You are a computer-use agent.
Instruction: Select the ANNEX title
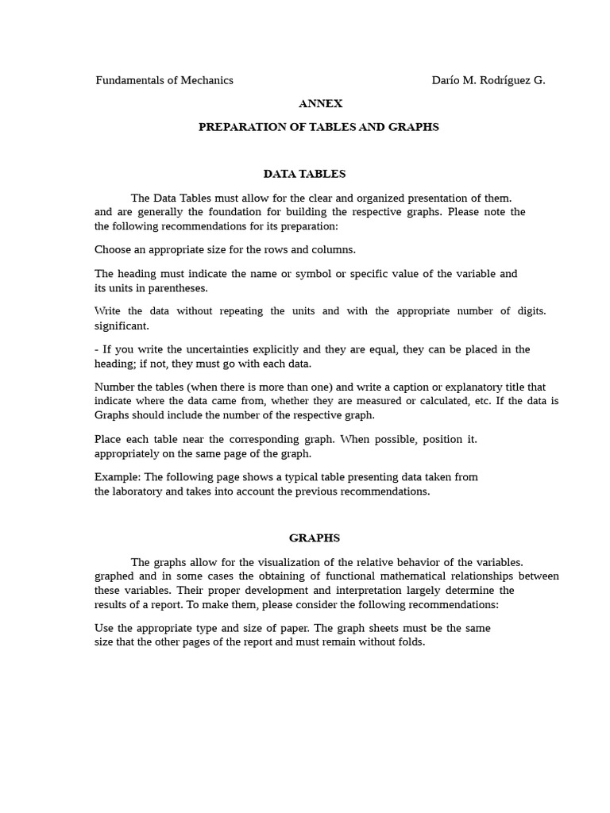(321, 103)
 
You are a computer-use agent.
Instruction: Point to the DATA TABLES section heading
(304, 174)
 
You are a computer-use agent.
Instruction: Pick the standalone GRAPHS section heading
(315, 538)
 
